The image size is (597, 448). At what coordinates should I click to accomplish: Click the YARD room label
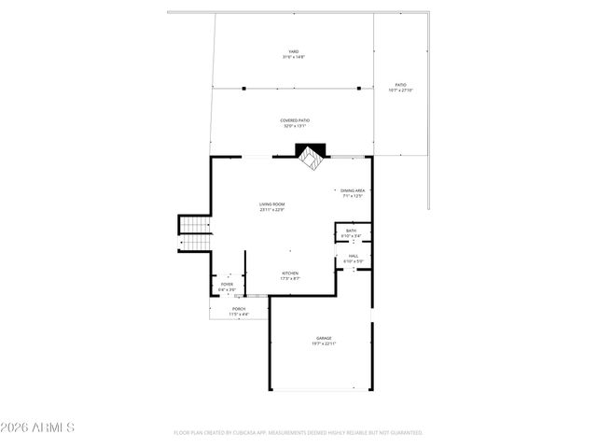[x=294, y=51]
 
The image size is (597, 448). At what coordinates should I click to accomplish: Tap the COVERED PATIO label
[x=295, y=120]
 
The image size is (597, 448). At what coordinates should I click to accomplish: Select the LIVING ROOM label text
[x=272, y=204]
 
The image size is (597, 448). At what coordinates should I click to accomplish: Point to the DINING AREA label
[x=352, y=190]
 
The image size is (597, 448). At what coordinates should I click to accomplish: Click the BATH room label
[x=351, y=231]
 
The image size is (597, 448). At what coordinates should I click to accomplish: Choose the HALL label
[x=353, y=257]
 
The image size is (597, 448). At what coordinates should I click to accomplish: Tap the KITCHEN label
[x=290, y=273]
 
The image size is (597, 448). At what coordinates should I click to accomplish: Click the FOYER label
[x=227, y=284]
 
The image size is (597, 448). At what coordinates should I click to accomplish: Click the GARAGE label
[x=324, y=338]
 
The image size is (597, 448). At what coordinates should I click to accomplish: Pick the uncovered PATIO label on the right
[x=400, y=85]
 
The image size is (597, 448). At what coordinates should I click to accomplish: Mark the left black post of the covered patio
[x=243, y=89]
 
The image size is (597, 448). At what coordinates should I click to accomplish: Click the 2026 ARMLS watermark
[x=37, y=427]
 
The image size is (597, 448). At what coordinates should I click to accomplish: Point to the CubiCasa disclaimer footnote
[x=298, y=433]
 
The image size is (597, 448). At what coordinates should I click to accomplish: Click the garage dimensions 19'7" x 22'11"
[x=324, y=344]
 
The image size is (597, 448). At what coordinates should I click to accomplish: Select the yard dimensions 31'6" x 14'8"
[x=294, y=58]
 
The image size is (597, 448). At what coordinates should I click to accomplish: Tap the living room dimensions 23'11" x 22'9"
[x=272, y=210]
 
